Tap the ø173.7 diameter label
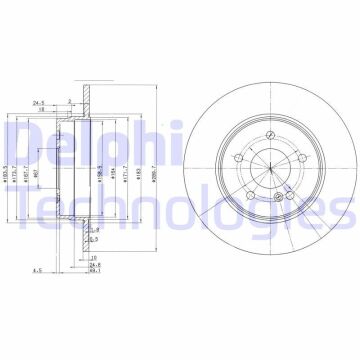click(x=21, y=160)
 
